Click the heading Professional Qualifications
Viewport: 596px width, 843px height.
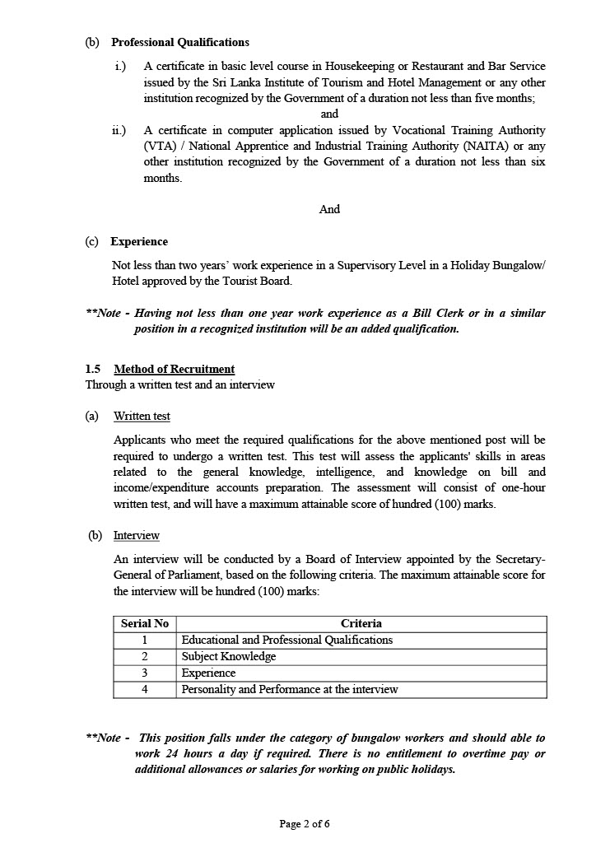pos(179,42)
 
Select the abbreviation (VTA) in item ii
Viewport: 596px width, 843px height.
pos(160,146)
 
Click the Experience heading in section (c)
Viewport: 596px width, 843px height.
pos(139,241)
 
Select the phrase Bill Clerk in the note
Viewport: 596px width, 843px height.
pos(409,314)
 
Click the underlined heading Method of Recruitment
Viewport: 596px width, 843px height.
pos(174,369)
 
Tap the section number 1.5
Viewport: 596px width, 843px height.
pos(93,369)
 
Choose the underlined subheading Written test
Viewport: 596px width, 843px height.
pos(142,417)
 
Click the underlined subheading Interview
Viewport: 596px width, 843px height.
pos(136,535)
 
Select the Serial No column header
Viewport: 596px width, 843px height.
pos(145,623)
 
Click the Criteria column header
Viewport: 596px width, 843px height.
pos(361,623)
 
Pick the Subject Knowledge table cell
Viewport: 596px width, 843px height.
pos(229,656)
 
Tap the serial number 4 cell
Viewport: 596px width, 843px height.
pos(145,689)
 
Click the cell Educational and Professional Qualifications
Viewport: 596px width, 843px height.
pos(286,640)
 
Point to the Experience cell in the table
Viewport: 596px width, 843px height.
pos(208,673)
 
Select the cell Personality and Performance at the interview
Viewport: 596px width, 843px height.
pos(289,689)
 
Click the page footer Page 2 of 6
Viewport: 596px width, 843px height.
pos(305,823)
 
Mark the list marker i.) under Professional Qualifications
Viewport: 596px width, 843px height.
pos(120,66)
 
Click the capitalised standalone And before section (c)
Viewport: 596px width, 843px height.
pos(329,209)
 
